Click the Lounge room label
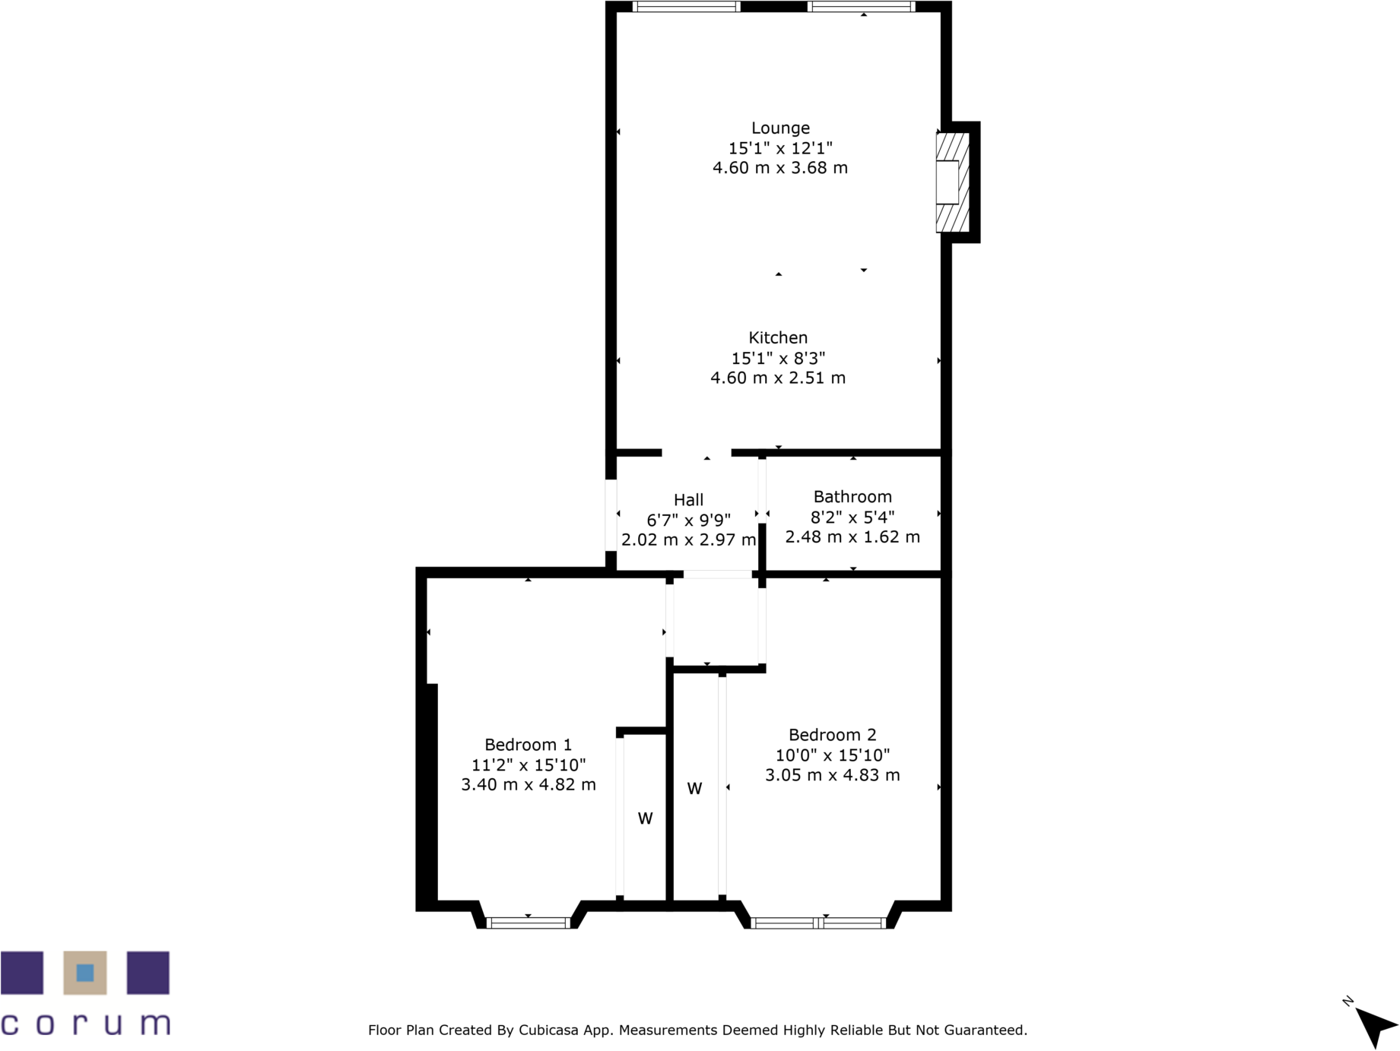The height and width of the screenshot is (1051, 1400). pyautogui.click(x=780, y=128)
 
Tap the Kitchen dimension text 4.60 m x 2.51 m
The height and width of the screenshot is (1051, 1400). pyautogui.click(x=777, y=378)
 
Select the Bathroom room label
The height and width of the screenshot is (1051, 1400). pyautogui.click(x=852, y=497)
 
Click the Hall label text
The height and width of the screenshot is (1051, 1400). pyautogui.click(x=688, y=500)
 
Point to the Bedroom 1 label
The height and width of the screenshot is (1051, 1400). pyautogui.click(x=528, y=745)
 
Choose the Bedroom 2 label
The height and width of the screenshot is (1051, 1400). pyautogui.click(x=832, y=735)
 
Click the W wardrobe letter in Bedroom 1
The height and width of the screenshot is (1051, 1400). pyautogui.click(x=645, y=818)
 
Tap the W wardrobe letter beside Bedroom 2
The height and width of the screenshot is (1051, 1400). pyautogui.click(x=694, y=789)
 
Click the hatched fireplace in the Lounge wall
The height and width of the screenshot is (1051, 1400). pyautogui.click(x=952, y=182)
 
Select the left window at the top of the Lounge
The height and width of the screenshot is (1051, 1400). pyautogui.click(x=686, y=7)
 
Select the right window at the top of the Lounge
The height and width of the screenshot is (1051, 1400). pyautogui.click(x=861, y=7)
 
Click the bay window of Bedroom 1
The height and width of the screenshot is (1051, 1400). pyautogui.click(x=528, y=923)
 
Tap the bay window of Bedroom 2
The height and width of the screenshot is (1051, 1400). pyautogui.click(x=818, y=923)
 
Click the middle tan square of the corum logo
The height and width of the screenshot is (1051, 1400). pyautogui.click(x=85, y=973)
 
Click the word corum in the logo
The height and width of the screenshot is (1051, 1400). pyautogui.click(x=85, y=1024)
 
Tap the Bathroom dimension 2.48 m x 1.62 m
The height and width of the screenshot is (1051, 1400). pyautogui.click(x=852, y=537)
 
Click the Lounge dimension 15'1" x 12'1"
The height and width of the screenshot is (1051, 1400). pyautogui.click(x=780, y=148)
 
